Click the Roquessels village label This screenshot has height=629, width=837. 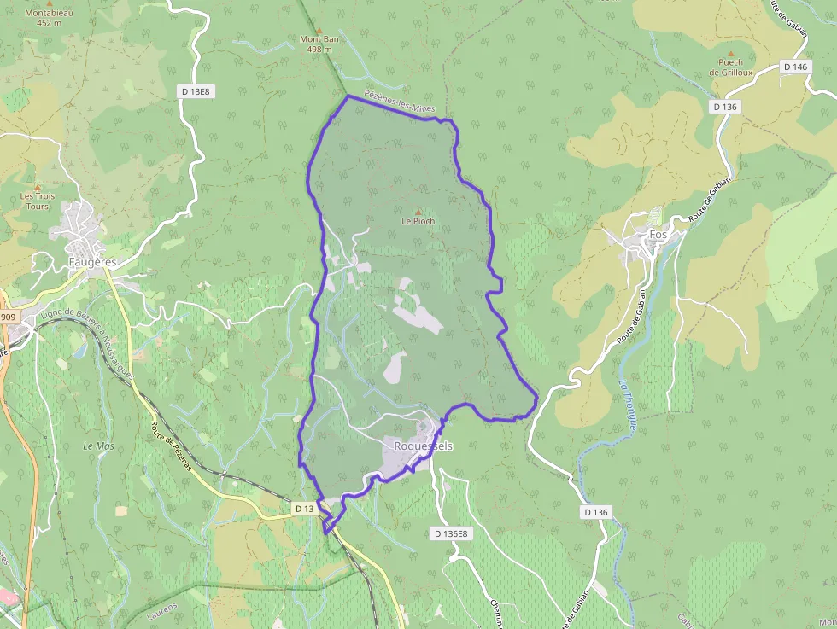[x=424, y=446]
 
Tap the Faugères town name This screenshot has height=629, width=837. [x=91, y=262]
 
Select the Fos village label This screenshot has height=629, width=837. [x=658, y=234]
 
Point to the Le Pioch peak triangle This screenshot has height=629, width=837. [x=418, y=213]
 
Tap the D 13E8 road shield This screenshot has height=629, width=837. [x=195, y=91]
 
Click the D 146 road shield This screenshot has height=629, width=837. [x=794, y=67]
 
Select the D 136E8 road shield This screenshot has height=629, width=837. [x=450, y=533]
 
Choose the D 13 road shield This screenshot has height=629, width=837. [x=305, y=509]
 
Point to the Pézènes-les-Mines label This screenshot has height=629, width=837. [x=400, y=102]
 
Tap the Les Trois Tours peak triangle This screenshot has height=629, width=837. [x=37, y=187]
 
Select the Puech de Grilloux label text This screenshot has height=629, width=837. [x=730, y=67]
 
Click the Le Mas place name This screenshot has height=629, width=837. [x=98, y=446]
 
